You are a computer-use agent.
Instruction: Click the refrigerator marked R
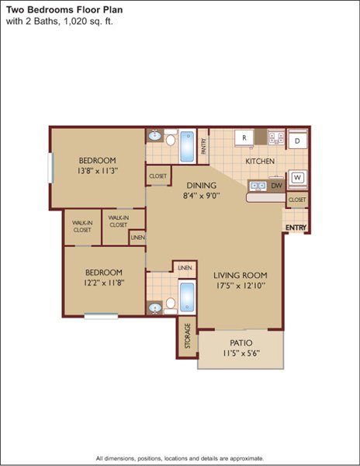tap(244, 138)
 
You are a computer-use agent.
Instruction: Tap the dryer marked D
tap(297, 141)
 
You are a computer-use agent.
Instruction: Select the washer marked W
tap(297, 179)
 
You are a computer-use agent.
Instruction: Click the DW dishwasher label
tap(277, 186)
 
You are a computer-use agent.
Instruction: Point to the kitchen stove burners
tap(276, 137)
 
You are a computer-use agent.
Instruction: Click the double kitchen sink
tap(258, 186)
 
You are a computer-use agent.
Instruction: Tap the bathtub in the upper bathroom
tap(187, 146)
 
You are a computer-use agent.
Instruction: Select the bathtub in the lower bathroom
tap(187, 297)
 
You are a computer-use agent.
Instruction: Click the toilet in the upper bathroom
tap(171, 137)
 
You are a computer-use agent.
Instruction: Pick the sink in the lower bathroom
tap(155, 308)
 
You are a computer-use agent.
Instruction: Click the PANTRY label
tap(203, 146)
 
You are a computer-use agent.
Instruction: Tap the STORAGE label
tap(188, 336)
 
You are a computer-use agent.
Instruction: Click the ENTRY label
tap(296, 228)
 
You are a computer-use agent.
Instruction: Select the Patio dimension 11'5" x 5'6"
tap(241, 353)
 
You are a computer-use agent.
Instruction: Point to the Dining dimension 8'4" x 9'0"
tap(202, 196)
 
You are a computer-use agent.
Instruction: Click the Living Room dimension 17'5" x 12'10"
tap(241, 286)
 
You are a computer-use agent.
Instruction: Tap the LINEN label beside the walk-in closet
tap(137, 238)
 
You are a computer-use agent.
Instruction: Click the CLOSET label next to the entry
tap(297, 200)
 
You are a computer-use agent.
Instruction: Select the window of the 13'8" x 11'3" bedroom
tap(50, 168)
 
